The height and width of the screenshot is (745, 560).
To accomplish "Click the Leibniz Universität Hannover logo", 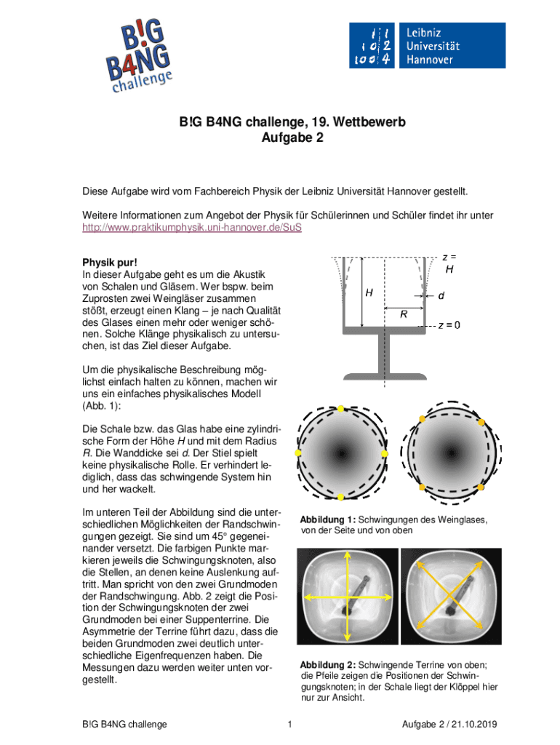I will click(426, 46).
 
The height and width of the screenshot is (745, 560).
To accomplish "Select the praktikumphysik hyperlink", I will click(191, 226).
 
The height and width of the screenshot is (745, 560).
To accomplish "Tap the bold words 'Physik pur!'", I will click(108, 261).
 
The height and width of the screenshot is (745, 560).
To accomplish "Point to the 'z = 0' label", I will click(448, 325).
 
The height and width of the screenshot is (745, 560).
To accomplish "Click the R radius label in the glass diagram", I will click(403, 314).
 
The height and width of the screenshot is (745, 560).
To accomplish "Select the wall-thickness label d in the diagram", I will click(441, 296).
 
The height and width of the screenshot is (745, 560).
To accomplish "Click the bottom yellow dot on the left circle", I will click(340, 497).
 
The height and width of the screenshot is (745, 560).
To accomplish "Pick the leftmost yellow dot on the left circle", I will click(297, 453).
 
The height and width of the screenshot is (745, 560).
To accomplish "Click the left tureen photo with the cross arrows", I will click(347, 597).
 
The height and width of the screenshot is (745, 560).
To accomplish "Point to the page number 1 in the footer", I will click(289, 724).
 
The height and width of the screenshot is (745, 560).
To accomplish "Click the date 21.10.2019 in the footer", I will click(479, 724).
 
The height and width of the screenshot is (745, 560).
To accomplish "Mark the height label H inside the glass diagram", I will click(369, 293).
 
